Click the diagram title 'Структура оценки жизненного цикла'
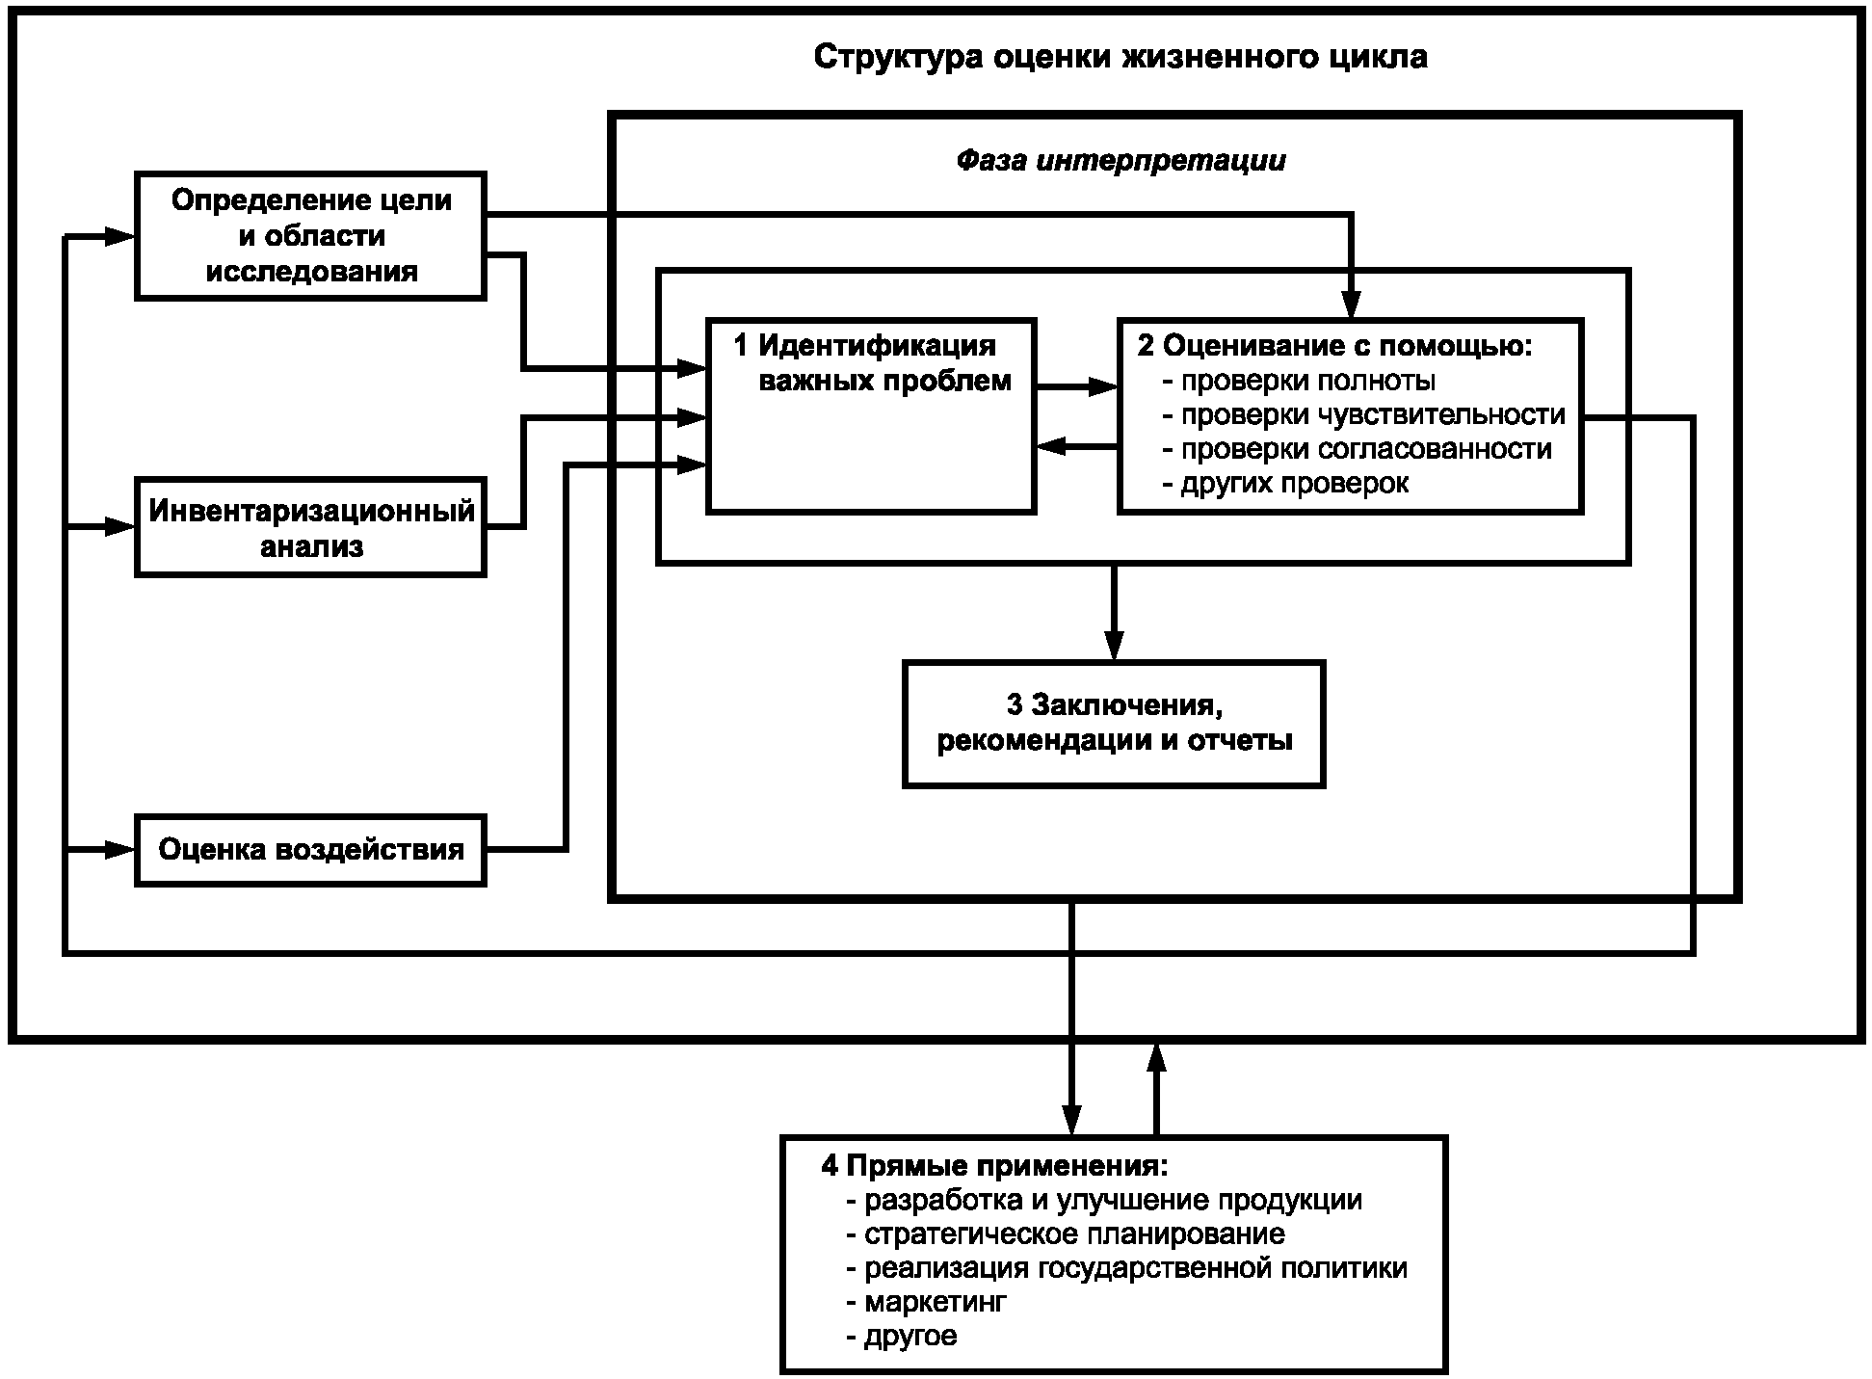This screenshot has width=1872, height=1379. tap(1121, 57)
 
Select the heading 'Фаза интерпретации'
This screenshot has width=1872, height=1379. tap(1121, 160)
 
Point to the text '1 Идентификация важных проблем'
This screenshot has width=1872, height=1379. tap(873, 362)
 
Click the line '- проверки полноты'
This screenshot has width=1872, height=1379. tap(1299, 381)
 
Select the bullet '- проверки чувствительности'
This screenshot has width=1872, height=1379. tap(1363, 415)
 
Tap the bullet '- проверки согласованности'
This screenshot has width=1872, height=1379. tap(1357, 449)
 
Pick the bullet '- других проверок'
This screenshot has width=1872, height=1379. tap(1285, 483)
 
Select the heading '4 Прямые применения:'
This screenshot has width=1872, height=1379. tap(994, 1166)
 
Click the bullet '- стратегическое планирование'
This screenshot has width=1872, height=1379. tap(1065, 1234)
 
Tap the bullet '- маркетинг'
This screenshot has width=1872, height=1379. tap(926, 1303)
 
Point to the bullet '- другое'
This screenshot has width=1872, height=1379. tap(901, 1337)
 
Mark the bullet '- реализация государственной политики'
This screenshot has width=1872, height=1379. tap(1126, 1268)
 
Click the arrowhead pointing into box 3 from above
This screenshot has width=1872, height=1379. tap(1114, 645)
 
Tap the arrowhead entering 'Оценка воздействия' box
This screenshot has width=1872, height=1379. tap(119, 849)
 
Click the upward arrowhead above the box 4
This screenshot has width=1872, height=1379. tap(1157, 1057)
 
